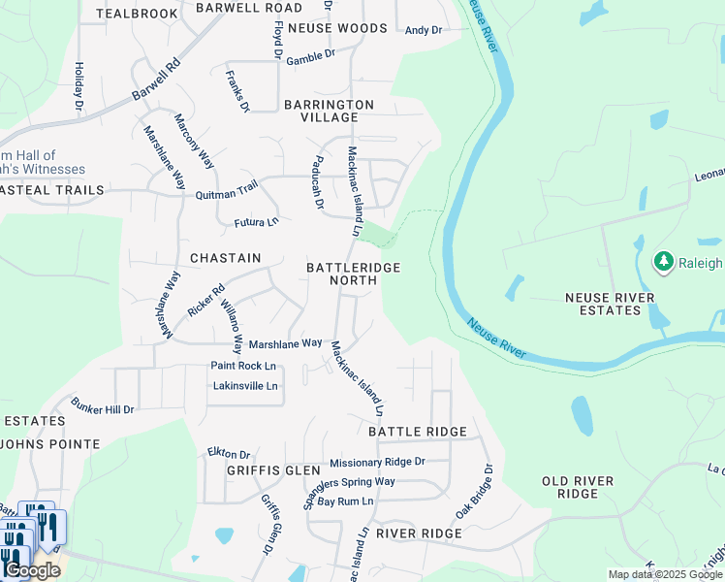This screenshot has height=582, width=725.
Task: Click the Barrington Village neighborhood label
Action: (x=329, y=111)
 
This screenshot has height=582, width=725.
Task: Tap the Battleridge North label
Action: (x=353, y=274)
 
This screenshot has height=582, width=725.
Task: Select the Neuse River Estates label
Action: (x=610, y=304)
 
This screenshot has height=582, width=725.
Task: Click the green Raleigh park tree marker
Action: (x=664, y=262)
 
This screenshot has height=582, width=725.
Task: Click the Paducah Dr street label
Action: (x=317, y=182)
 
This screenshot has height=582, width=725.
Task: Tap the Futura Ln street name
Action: (x=256, y=222)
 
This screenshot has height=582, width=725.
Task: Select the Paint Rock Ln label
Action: (x=243, y=366)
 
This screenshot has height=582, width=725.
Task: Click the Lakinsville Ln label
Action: (x=245, y=386)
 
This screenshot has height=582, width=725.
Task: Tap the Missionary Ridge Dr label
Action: (x=377, y=463)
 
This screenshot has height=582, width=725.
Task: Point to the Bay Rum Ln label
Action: (x=345, y=501)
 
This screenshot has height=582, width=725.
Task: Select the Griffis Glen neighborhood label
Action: (x=260, y=470)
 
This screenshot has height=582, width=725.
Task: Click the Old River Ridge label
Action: (x=578, y=487)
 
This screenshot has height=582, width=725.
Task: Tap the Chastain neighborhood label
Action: (x=225, y=258)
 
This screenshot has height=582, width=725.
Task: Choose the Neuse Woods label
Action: (x=337, y=28)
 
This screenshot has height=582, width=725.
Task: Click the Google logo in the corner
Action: (x=32, y=570)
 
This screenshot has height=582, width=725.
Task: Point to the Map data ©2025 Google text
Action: (x=664, y=574)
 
